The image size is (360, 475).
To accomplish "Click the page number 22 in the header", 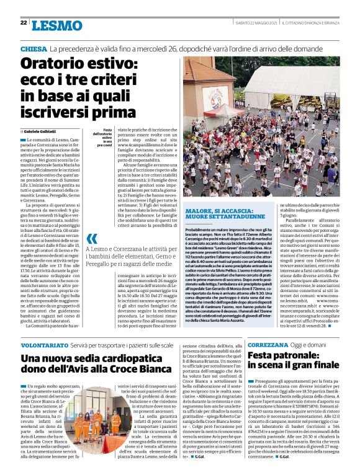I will (23, 22).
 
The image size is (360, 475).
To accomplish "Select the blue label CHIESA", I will (34, 48).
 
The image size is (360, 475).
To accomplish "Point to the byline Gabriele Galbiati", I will (40, 131).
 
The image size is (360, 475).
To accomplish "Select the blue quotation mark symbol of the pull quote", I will (91, 238).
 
